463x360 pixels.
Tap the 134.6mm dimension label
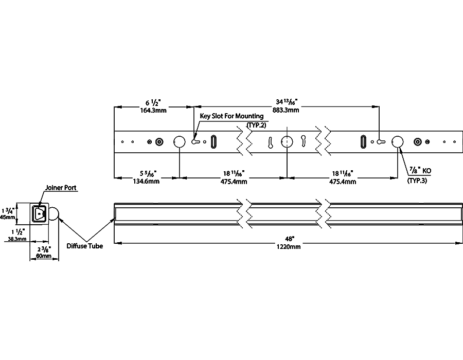147,181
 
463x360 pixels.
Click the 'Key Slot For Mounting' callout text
232,117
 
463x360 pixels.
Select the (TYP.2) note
257,125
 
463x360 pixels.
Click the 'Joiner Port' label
61,188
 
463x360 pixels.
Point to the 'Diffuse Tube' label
84,246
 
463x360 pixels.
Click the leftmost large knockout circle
179,142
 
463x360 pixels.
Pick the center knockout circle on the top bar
287,142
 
